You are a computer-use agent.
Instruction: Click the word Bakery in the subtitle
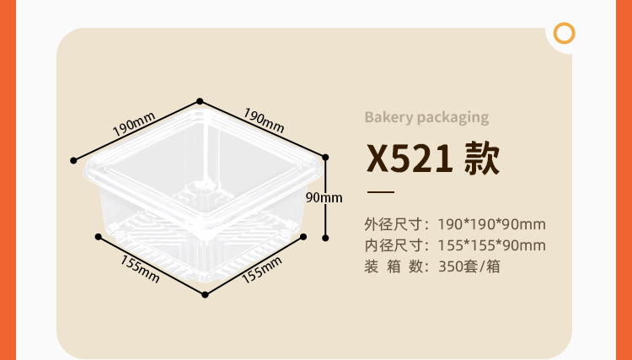point(388,117)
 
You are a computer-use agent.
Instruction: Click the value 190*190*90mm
point(492,224)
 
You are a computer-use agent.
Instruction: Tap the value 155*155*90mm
point(492,245)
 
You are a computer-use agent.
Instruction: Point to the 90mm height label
point(324,197)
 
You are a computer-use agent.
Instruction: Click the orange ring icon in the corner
point(565,34)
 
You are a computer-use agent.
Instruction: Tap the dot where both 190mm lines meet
point(200,99)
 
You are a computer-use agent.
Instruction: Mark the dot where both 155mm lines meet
point(205,295)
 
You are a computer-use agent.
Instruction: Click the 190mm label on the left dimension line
point(132,126)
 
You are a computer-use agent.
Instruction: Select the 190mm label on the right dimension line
point(264,119)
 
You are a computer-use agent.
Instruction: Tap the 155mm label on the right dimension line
point(261,269)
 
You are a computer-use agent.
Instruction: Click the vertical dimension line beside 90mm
point(325,219)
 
